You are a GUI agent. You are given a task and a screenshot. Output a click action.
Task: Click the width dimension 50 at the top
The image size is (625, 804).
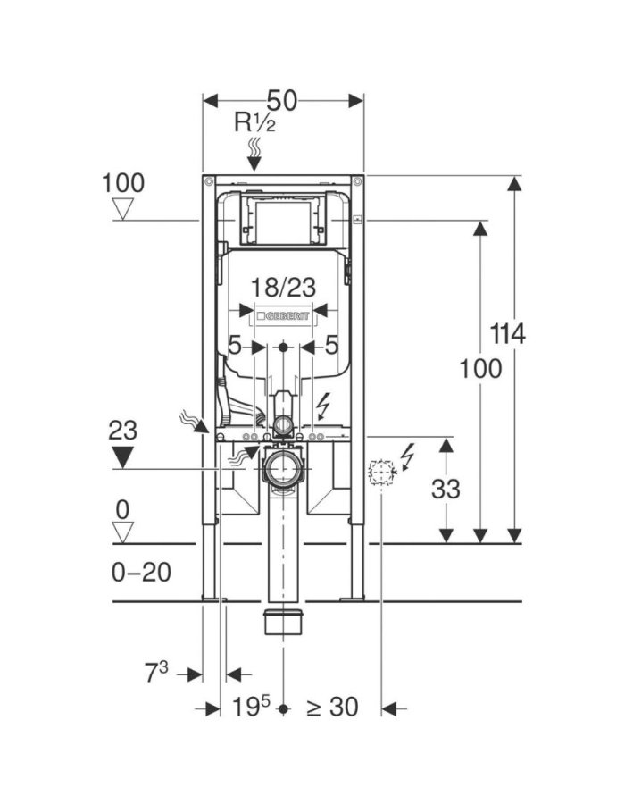pos(282,99)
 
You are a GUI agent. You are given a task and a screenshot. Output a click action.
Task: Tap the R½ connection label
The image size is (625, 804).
pos(254,122)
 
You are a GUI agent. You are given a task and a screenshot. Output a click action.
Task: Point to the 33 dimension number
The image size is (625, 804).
pos(446,489)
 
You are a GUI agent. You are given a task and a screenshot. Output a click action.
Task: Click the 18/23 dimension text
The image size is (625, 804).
pos(282,288)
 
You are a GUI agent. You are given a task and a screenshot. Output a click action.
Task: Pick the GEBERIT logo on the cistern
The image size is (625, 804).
pos(282,315)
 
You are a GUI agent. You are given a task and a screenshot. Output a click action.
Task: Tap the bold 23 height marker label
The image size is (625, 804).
pos(123,430)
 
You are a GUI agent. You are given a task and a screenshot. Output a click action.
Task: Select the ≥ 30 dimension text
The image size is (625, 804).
pos(332,708)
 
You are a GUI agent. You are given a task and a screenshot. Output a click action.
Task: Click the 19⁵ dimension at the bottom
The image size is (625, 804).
pos(253,708)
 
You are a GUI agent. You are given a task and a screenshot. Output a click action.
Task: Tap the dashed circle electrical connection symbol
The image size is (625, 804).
pos(381,471)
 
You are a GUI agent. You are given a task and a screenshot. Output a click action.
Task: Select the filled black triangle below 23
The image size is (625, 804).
pos(123,456)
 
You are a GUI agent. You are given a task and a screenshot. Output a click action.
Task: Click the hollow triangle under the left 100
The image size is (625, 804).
pos(122,210)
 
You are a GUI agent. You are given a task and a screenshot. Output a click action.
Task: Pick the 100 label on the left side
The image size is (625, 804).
pos(122,183)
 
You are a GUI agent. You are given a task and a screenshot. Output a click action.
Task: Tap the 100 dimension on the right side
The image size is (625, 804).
pos(480,368)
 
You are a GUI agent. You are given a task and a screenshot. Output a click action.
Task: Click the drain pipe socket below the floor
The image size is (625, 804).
pos(283,621)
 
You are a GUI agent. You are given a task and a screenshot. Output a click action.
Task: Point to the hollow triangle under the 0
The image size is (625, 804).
pos(122,533)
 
